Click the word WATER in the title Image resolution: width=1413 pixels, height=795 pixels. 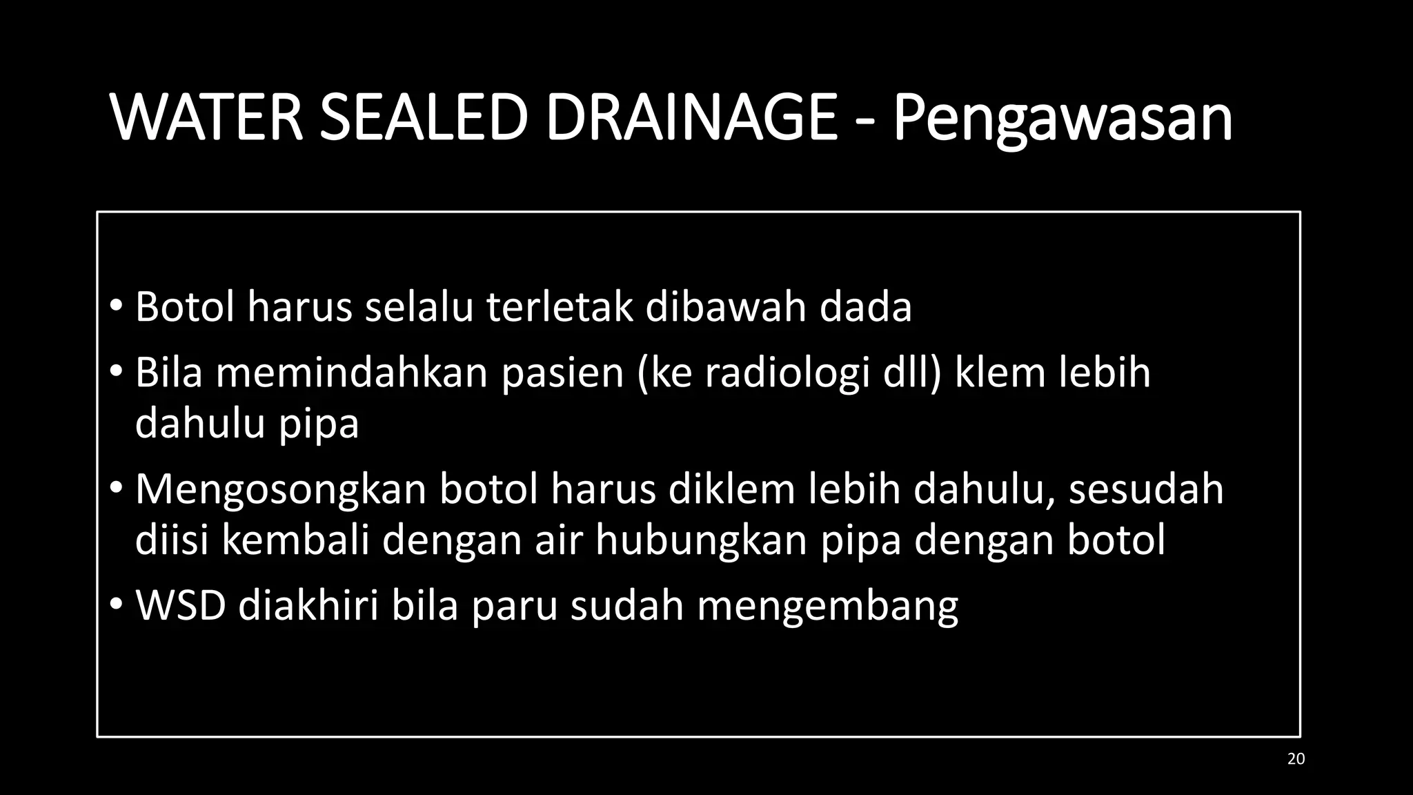207,118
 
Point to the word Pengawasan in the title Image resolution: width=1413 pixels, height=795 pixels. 1063,121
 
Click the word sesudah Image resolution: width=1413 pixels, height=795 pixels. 1146,489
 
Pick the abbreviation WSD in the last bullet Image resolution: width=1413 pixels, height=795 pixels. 181,606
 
